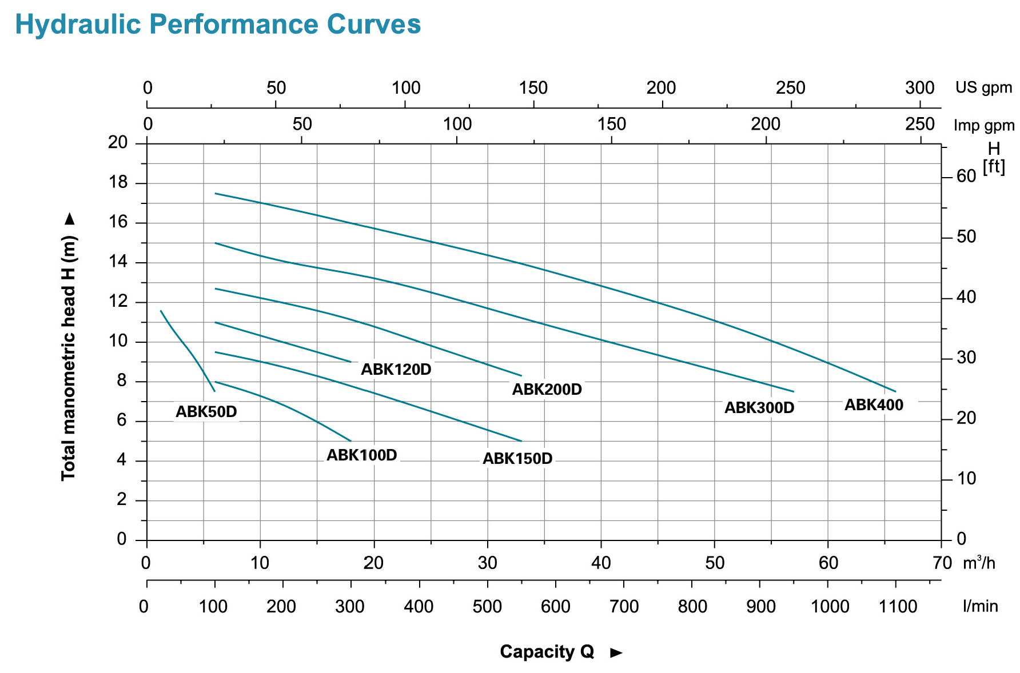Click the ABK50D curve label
pos(206,411)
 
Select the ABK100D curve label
pos(361,455)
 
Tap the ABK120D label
pos(396,369)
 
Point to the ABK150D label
pos(517,459)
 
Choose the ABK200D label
pos(547,389)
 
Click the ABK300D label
pos(759,407)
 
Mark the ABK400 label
pos(874,404)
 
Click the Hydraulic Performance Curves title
pos(218,25)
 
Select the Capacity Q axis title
pos(547,651)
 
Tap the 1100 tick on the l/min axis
pos(898,606)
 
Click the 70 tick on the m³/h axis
pos(942,563)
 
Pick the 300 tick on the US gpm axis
pos(919,88)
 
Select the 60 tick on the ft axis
pos(966,176)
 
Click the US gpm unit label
pos(983,87)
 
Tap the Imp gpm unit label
pos(983,125)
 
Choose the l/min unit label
pos(980,606)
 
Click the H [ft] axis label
pos(994,158)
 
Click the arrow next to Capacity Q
pos(616,652)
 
